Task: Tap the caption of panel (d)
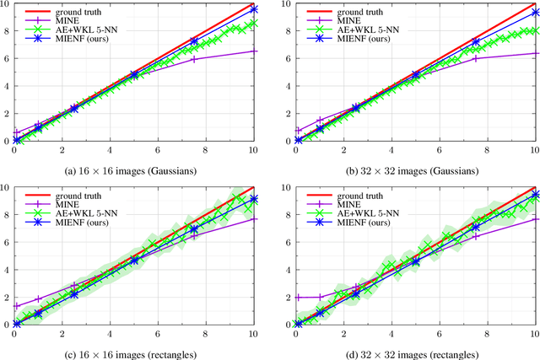point(413,350)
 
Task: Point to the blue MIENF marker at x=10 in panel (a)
point(255,9)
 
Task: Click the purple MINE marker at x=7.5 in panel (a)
point(195,59)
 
